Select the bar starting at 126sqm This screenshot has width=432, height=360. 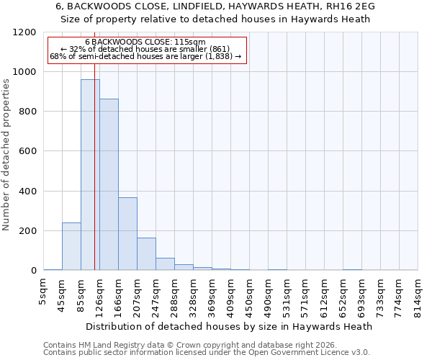109,184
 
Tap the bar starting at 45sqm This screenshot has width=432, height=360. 71,246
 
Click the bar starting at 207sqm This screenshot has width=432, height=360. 146,254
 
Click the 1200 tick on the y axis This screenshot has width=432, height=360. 24,32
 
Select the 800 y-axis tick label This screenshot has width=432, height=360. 27,112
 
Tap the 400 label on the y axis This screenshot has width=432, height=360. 27,192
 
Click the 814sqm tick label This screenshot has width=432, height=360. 418,295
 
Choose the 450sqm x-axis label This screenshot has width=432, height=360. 250,295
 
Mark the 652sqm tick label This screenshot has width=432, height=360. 343,295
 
